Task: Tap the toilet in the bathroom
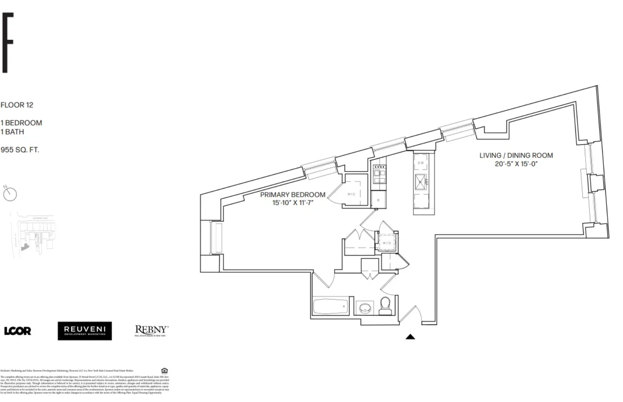[385, 306]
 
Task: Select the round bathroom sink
[365, 308]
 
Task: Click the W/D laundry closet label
[387, 243]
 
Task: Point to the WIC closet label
[351, 194]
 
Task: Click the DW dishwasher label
[421, 163]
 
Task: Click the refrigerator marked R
[378, 200]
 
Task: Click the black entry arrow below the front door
[410, 337]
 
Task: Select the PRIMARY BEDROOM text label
[293, 195]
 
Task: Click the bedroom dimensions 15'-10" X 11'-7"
[293, 203]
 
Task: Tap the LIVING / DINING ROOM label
[516, 155]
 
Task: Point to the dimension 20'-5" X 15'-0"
[516, 164]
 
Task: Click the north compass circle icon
[10, 194]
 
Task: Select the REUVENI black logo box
[85, 331]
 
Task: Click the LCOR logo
[17, 331]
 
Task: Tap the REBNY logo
[151, 331]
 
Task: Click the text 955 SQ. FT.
[20, 150]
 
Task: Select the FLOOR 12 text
[17, 105]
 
